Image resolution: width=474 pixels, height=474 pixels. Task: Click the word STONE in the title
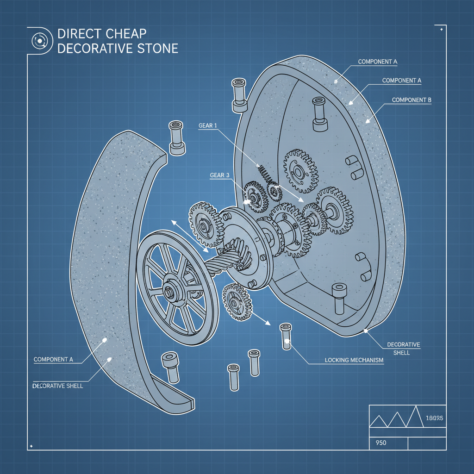[x=153, y=48]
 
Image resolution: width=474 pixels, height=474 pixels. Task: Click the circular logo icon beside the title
[x=38, y=41]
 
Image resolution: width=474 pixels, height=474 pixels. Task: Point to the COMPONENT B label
[x=412, y=100]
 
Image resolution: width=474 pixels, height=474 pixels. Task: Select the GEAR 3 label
[x=219, y=175]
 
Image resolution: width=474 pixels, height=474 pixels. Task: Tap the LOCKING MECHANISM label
[x=354, y=360]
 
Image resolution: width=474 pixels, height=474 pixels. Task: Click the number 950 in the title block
[x=381, y=443]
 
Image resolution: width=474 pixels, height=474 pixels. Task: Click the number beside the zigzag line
[x=434, y=418]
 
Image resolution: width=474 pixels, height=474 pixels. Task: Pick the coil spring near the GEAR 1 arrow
[x=263, y=174]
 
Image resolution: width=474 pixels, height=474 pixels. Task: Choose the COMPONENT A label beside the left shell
[x=54, y=359]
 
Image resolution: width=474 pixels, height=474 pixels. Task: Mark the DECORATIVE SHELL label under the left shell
[x=58, y=386]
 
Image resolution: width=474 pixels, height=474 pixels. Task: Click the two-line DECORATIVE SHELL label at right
[x=403, y=349]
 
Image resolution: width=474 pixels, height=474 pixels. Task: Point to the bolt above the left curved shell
[x=177, y=137]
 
